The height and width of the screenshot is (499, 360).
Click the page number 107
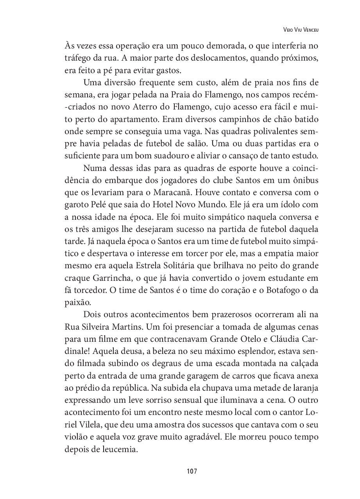[192, 471]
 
